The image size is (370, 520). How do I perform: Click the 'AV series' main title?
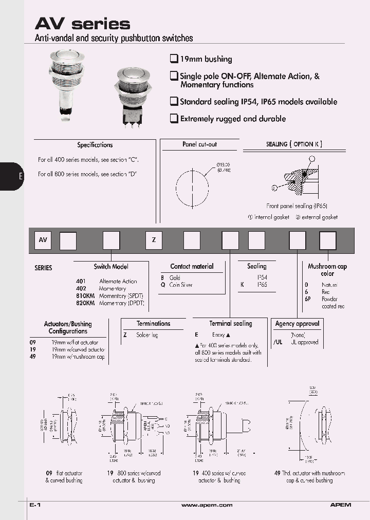(82, 24)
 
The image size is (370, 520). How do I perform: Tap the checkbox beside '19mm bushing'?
(174, 59)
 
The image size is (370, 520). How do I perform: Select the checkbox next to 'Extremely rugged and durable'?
(174, 118)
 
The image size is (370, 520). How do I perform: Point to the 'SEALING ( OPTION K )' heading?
(294, 144)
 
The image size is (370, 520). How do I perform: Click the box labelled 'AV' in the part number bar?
(43, 240)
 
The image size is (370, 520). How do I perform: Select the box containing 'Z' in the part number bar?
(154, 240)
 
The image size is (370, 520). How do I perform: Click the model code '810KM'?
(85, 296)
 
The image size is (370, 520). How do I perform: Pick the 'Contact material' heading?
(192, 266)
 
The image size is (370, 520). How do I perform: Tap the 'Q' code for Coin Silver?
(162, 285)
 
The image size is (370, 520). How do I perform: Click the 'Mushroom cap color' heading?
(327, 270)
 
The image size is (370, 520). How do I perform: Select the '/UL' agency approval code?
(277, 342)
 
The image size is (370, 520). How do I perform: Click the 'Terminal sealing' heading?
(230, 324)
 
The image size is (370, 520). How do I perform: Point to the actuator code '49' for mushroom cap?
(32, 357)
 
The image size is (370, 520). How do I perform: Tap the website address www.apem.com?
(207, 506)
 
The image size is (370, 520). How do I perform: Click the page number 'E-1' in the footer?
(35, 506)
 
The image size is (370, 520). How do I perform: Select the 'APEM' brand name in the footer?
(340, 506)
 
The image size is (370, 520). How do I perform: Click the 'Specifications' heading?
(95, 145)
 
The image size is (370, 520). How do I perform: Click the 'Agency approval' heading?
(297, 324)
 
